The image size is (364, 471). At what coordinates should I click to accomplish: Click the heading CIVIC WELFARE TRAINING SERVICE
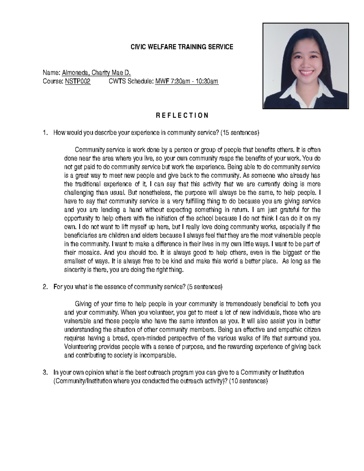182,47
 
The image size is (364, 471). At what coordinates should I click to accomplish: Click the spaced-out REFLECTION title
182,116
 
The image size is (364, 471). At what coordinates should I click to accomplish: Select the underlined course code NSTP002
78,81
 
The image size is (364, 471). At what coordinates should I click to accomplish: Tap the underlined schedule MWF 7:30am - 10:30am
187,81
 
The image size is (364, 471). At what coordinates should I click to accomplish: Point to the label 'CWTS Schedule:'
131,81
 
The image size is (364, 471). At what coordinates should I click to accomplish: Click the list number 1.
45,133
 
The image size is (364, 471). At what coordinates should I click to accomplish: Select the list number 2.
45,287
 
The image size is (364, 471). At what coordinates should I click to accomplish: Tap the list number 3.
45,372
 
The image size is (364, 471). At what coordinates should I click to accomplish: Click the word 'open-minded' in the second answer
148,338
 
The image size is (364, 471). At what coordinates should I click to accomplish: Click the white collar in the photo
291,93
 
